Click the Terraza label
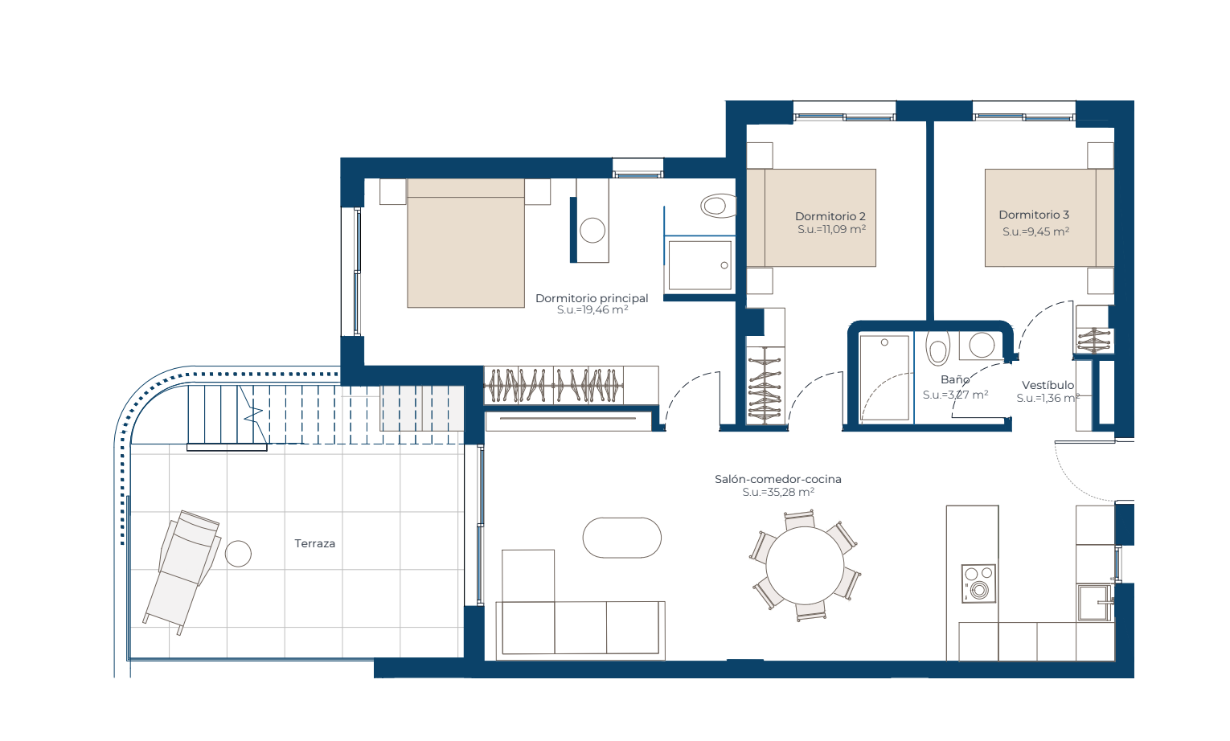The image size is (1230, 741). tap(314, 543)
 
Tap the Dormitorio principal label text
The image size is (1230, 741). tap(592, 298)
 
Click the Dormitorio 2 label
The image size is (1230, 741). tap(830, 216)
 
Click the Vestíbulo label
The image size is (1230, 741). tap(1048, 385)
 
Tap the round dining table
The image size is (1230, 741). tap(805, 566)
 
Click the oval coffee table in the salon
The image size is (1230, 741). tap(621, 538)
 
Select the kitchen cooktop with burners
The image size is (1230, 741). tap(978, 583)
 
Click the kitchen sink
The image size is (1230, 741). tap(1094, 603)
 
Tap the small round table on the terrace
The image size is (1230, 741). tap(238, 553)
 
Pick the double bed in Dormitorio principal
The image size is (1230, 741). tap(465, 244)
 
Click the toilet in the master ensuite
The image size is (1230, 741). tap(718, 206)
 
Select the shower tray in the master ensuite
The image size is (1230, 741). tap(699, 266)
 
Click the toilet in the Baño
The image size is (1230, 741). tap(937, 348)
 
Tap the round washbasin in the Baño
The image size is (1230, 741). tap(982, 346)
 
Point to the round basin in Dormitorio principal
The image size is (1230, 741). tap(592, 231)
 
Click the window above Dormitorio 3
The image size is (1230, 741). tap(1024, 117)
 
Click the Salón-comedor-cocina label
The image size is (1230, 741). tap(778, 479)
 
